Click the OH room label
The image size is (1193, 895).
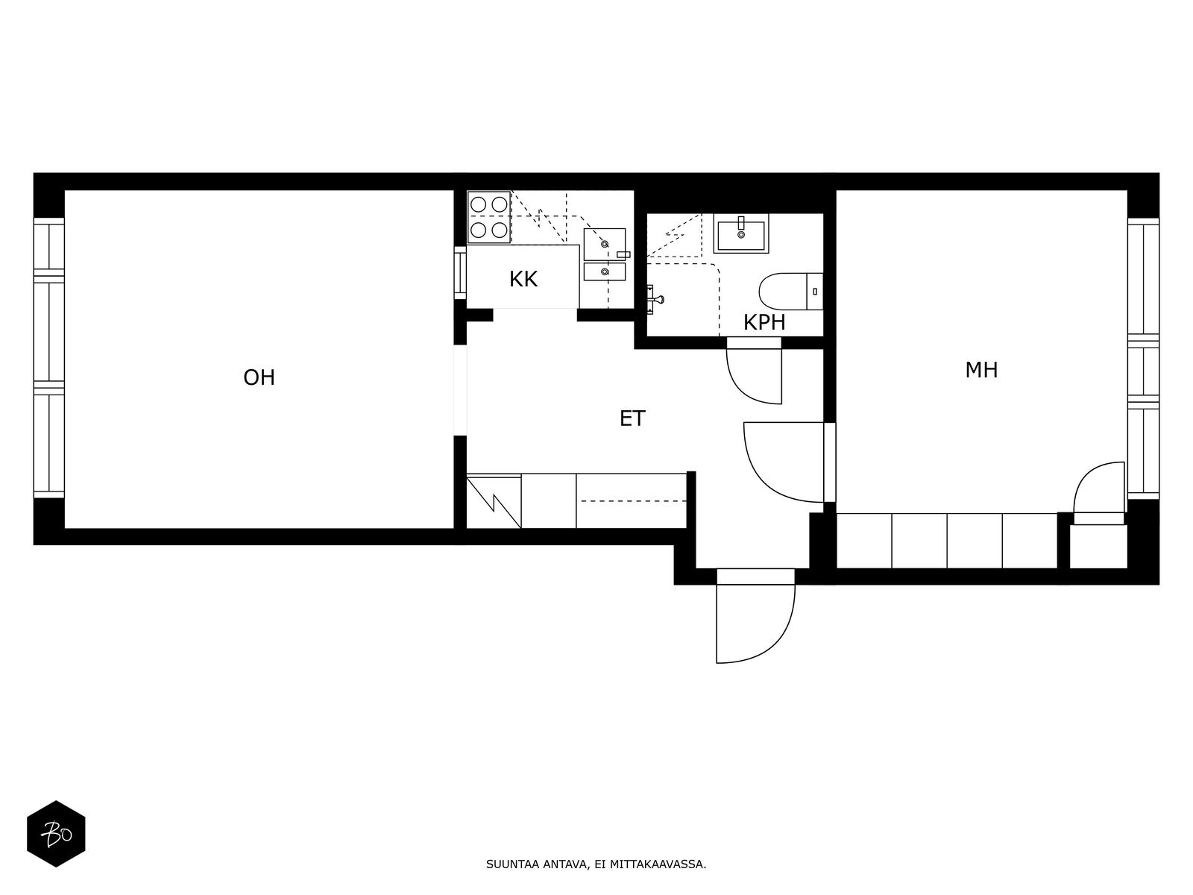pyautogui.click(x=259, y=377)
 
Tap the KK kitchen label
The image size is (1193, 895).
pyautogui.click(x=523, y=279)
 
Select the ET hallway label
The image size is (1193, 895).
pyautogui.click(x=632, y=418)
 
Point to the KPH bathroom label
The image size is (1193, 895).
pyautogui.click(x=764, y=323)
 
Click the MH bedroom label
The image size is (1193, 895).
pyautogui.click(x=981, y=370)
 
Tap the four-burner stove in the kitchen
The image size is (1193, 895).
pyautogui.click(x=488, y=217)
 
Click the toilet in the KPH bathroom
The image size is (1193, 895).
pyautogui.click(x=791, y=292)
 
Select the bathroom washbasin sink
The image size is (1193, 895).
pyautogui.click(x=741, y=233)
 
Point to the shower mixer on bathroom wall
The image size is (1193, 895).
pyautogui.click(x=654, y=299)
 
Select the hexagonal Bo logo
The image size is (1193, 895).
pyautogui.click(x=56, y=834)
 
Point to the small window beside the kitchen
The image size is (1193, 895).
pyautogui.click(x=460, y=272)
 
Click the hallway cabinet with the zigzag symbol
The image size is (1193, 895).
pyautogui.click(x=494, y=501)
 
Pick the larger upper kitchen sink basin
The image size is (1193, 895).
pyautogui.click(x=605, y=244)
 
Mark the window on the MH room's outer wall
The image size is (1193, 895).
pyautogui.click(x=1143, y=359)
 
